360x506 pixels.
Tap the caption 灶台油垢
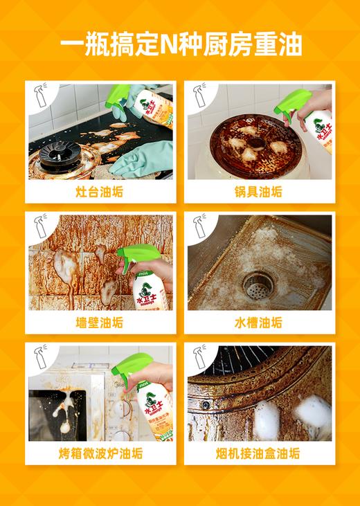[99, 192]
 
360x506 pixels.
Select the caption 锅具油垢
[259, 192]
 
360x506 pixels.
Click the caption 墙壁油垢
[99, 323]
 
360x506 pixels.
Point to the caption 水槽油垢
[259, 323]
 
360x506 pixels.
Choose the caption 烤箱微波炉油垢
[100, 453]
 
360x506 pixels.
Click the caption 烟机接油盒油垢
[259, 453]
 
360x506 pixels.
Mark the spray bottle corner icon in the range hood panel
[200, 358]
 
